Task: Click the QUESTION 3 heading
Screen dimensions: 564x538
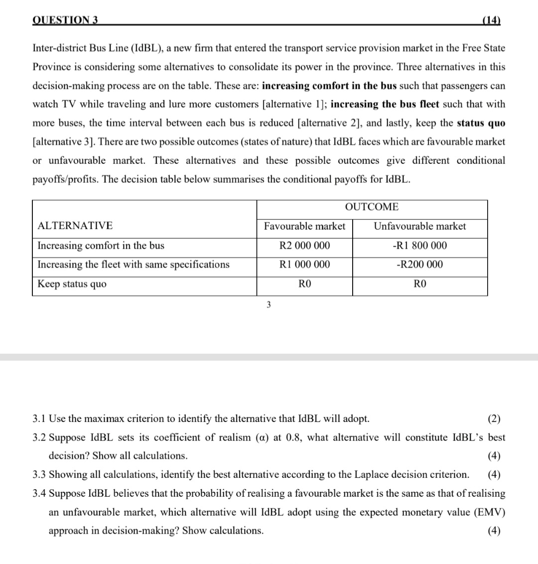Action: coord(65,20)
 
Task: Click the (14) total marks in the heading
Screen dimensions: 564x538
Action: coord(492,20)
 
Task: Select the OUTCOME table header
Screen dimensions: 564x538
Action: coord(372,207)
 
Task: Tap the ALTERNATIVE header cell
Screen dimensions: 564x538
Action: coord(75,226)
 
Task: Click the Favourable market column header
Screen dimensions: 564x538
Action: coord(304,226)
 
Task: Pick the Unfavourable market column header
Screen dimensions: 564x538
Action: coord(419,226)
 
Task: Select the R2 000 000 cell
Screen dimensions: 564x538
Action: coord(304,246)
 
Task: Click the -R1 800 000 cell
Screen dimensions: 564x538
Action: coord(419,246)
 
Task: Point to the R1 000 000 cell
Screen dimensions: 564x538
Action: coord(304,265)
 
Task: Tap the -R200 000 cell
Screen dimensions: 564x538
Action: coord(419,265)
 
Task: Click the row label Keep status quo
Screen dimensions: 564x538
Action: coord(72,284)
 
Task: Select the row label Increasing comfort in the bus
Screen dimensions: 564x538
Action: coord(101,246)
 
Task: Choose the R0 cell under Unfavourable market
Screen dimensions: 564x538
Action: coord(420,284)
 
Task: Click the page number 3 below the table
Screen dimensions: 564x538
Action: coord(268,305)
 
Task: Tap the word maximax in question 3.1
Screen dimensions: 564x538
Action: coord(103,418)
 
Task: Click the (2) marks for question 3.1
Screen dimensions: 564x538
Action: coord(494,418)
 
